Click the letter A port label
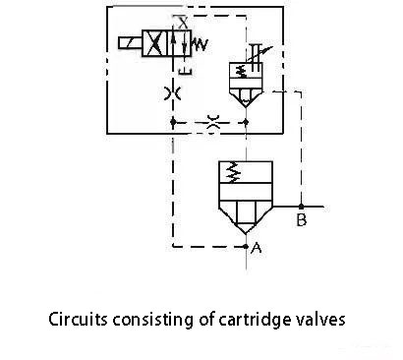point(257,248)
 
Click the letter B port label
point(301,220)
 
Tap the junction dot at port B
point(301,207)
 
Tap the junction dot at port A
point(246,246)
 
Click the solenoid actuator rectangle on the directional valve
point(130,43)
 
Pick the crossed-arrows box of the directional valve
point(155,43)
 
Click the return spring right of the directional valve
point(200,44)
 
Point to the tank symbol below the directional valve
point(185,71)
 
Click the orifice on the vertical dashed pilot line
point(173,93)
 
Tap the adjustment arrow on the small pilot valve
point(259,54)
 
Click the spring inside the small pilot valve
point(243,71)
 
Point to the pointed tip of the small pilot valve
point(246,107)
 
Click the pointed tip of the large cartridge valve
point(246,234)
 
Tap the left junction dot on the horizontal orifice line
point(173,122)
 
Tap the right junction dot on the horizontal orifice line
point(247,122)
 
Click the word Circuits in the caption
point(78,319)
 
